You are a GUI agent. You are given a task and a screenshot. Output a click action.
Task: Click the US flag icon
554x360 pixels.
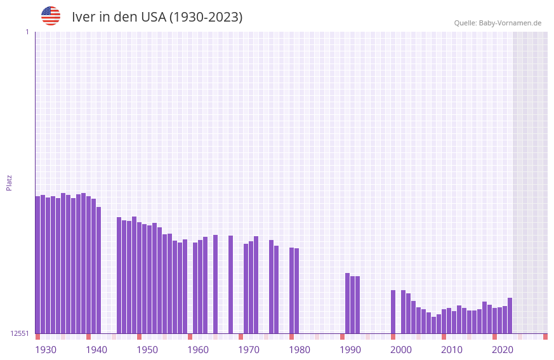51,16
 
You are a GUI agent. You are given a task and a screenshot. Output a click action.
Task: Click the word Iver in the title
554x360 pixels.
83,17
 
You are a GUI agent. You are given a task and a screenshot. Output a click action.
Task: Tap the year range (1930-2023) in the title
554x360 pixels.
206,17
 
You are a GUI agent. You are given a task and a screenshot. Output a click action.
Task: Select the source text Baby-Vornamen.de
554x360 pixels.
510,23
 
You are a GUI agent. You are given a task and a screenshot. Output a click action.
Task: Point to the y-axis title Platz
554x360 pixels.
9,182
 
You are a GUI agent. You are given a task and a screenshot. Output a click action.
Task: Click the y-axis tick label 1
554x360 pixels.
27,32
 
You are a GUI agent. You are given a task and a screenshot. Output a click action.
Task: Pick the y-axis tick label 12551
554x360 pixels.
20,333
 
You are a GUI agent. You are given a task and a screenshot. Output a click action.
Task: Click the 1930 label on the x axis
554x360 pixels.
46,350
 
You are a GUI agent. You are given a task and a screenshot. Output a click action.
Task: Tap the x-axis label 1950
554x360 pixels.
147,350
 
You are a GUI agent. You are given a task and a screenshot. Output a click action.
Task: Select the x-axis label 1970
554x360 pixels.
249,350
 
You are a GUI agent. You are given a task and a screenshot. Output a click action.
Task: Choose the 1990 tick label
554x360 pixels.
350,350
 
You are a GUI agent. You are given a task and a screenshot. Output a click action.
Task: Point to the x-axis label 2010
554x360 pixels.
452,350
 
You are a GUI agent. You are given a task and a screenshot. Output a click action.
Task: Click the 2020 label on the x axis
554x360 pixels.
503,350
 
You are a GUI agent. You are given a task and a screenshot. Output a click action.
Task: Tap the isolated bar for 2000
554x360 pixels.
393,312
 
